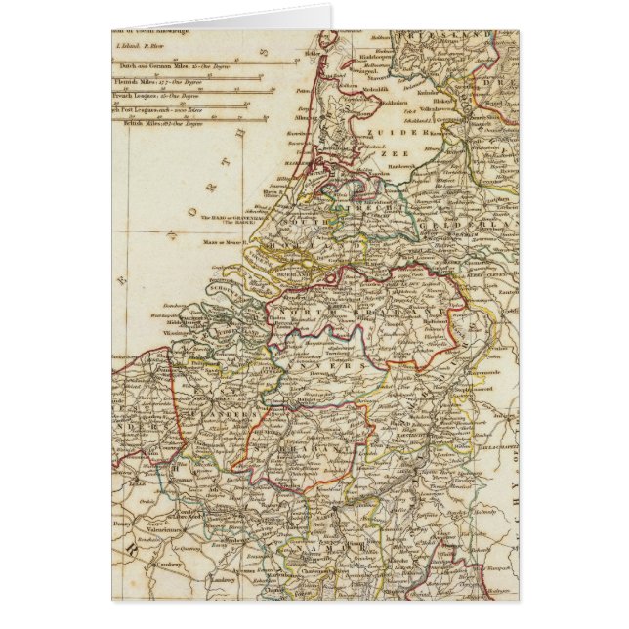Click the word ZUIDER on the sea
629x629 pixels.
coord(384,129)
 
